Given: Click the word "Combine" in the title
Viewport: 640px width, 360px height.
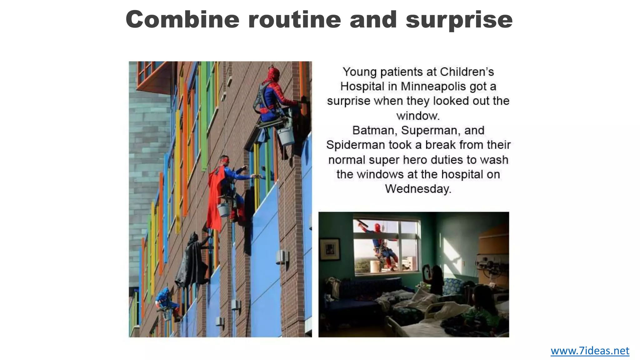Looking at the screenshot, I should click(182, 19).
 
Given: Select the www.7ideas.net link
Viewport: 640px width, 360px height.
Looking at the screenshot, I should click(590, 351).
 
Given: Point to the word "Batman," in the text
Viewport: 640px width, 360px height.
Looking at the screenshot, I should click(375, 130).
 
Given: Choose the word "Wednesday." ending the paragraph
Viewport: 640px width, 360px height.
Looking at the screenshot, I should click(418, 189).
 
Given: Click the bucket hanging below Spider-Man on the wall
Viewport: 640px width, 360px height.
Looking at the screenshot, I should click(286, 136).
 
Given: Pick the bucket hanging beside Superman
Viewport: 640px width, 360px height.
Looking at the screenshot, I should click(223, 210).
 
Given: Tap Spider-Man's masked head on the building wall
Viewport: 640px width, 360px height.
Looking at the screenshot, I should click(274, 74).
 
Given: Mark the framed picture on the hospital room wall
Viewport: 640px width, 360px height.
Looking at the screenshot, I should click(330, 249).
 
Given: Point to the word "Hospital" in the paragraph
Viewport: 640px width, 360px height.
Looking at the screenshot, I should click(362, 86).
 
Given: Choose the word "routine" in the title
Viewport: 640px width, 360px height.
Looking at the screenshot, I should click(294, 19).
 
